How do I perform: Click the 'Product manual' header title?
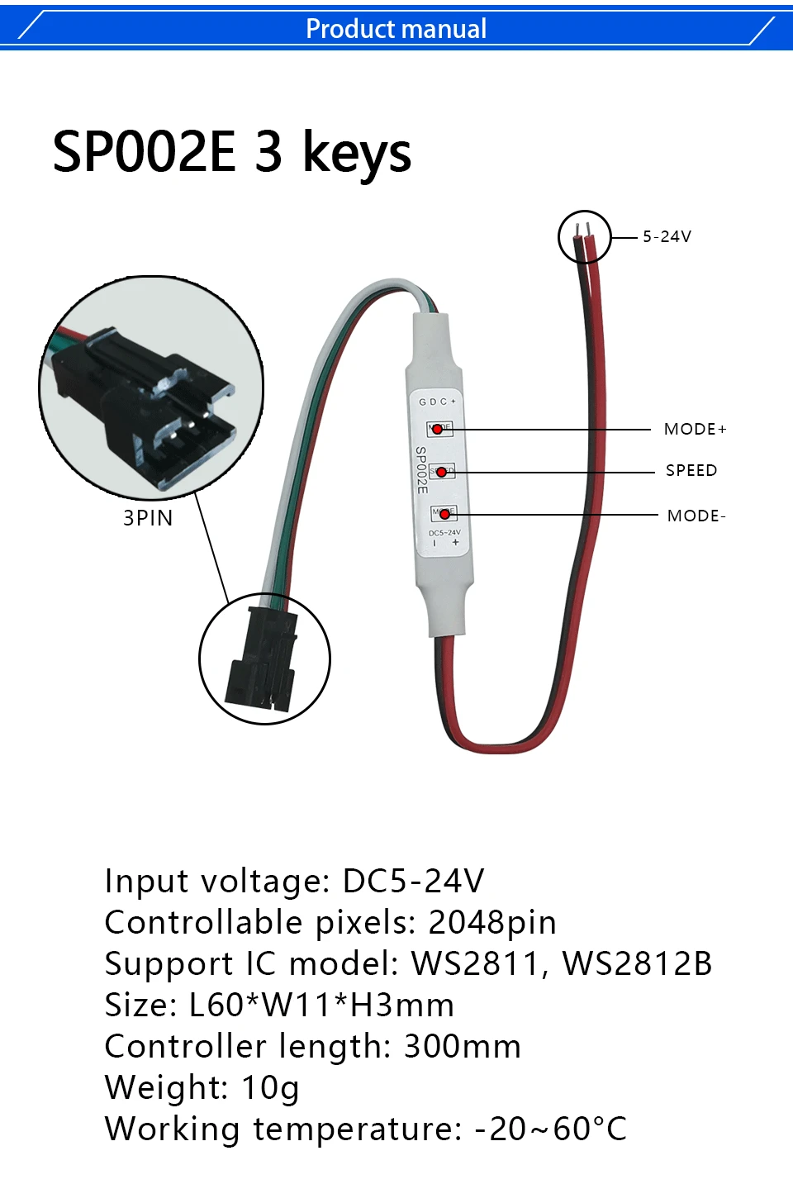396,29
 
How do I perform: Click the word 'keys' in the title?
357,154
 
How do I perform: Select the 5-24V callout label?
667,237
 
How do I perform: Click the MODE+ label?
695,430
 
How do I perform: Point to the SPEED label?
691,471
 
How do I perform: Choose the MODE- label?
696,516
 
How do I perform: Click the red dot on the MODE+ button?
437,430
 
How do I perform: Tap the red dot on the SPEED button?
441,473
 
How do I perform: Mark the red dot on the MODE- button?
444,515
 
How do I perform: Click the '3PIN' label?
148,519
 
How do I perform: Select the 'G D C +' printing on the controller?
437,402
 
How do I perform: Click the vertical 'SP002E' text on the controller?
421,470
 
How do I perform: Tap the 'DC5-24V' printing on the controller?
444,534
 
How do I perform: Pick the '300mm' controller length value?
462,1047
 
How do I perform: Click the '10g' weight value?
270,1088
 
